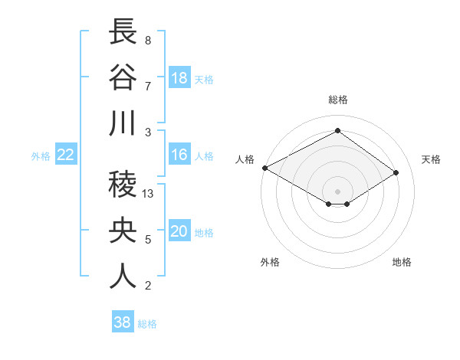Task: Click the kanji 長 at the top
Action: pyautogui.click(x=123, y=32)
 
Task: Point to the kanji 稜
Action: pyautogui.click(x=123, y=185)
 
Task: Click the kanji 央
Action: pyautogui.click(x=123, y=231)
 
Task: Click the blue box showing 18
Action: pyautogui.click(x=179, y=77)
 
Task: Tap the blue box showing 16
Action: pyautogui.click(x=179, y=155)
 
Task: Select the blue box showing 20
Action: pyautogui.click(x=179, y=231)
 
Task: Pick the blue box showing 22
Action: pyautogui.click(x=65, y=155)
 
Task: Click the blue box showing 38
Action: pyautogui.click(x=123, y=322)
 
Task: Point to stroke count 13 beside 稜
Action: pyautogui.click(x=149, y=194)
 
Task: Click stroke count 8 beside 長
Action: pyautogui.click(x=147, y=41)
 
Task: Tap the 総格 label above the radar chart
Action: pyautogui.click(x=338, y=100)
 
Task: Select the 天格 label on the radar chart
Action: pyautogui.click(x=431, y=159)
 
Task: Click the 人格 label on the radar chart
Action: pyautogui.click(x=245, y=159)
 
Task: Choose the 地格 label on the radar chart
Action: pyautogui.click(x=402, y=262)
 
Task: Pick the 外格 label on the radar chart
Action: pyautogui.click(x=270, y=262)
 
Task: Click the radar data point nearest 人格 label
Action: pyautogui.click(x=264, y=168)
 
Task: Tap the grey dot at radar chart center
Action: pyautogui.click(x=337, y=190)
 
